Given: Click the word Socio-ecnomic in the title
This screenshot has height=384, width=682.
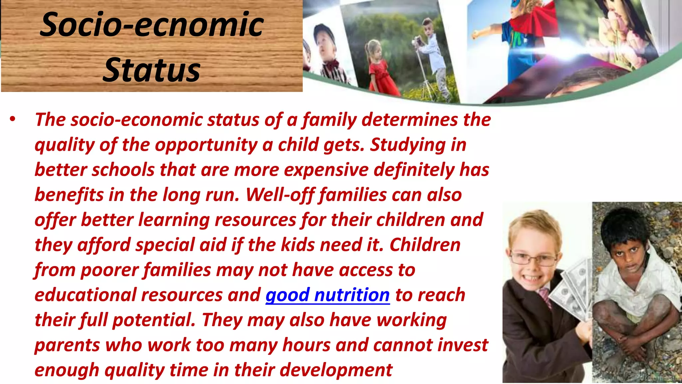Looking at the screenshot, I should [152, 25].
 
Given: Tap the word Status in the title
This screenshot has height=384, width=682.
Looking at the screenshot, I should [152, 70].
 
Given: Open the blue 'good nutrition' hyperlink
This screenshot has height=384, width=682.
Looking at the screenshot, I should [327, 295].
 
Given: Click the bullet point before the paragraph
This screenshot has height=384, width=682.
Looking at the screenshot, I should [13, 119].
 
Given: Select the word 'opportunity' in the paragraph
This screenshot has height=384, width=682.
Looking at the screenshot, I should [206, 145].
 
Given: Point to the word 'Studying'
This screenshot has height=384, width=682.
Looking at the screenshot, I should [408, 145].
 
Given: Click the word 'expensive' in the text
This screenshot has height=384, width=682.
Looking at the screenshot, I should [326, 170].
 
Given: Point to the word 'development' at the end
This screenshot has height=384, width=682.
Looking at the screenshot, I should [336, 370].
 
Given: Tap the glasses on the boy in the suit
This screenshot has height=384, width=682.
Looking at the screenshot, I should [533, 258].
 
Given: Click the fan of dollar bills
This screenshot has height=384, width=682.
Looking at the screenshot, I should [571, 290].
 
